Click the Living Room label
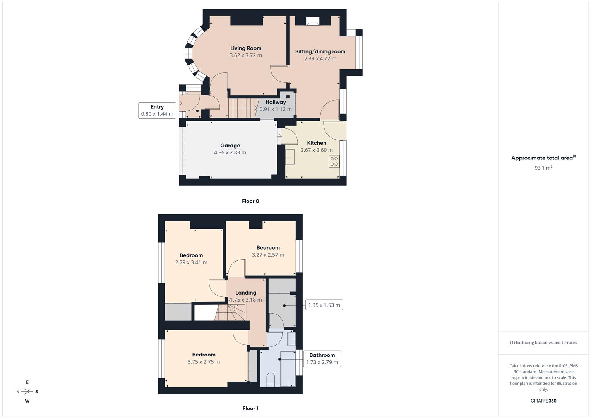246,48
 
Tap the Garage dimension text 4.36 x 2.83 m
230,152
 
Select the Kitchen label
317,143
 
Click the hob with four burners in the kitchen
334,161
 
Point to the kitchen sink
290,157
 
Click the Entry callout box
157,110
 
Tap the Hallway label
276,102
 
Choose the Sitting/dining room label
320,51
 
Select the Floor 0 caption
250,201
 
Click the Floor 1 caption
250,408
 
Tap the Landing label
246,293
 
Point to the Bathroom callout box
322,359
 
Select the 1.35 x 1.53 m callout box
324,305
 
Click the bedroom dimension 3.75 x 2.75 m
204,362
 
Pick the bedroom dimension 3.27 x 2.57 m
268,255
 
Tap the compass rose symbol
27,392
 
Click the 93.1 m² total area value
543,168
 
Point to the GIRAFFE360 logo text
543,401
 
